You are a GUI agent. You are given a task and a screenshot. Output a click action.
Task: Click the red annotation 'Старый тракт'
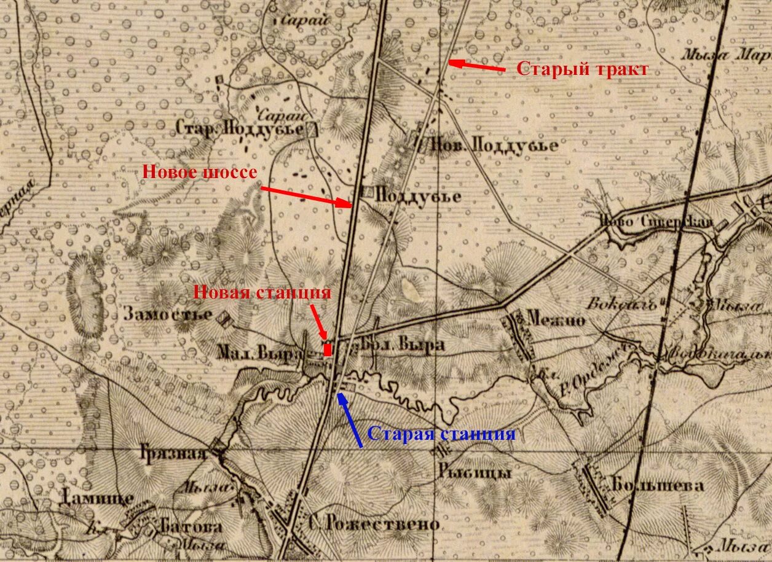(x=581, y=69)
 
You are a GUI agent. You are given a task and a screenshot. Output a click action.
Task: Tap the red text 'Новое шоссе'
(x=200, y=173)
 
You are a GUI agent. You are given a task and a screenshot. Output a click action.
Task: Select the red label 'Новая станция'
(x=262, y=292)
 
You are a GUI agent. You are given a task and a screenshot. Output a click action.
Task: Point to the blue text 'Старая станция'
(x=441, y=434)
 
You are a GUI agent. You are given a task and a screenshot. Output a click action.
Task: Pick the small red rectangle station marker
(x=328, y=349)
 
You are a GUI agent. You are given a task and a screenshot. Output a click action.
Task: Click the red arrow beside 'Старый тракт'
(x=477, y=65)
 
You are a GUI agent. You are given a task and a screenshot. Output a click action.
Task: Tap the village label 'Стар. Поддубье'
(x=240, y=129)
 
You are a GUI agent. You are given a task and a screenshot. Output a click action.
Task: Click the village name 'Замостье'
(x=168, y=314)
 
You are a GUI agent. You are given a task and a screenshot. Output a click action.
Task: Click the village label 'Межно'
(x=555, y=319)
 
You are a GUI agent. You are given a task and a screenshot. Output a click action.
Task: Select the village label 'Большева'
(x=657, y=485)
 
